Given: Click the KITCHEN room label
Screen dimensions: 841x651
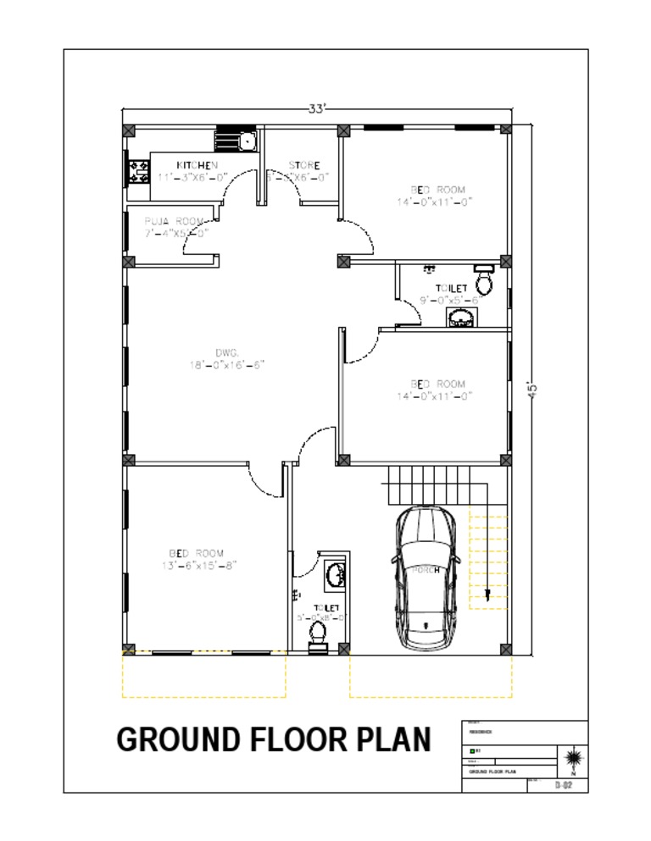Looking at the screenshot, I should click(197, 164).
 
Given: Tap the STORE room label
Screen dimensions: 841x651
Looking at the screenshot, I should click(303, 165).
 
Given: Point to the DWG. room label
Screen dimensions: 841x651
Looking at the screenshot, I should click(226, 351).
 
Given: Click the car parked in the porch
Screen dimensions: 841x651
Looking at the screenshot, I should click(426, 577).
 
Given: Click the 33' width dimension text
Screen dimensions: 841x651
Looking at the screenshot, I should click(317, 108).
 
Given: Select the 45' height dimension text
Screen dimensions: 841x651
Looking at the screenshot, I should click(532, 390).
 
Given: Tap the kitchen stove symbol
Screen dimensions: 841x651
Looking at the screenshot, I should click(136, 173).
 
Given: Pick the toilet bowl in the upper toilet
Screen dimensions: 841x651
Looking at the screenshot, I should click(484, 279).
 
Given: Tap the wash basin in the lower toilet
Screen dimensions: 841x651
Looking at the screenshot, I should click(335, 574).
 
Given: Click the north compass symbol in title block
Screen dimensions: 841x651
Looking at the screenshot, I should click(572, 756).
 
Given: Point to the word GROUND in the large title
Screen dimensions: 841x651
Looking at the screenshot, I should click(178, 739).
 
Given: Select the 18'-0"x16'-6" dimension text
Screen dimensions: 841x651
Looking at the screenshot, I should click(227, 365).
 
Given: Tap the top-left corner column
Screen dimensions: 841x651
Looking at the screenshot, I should click(128, 130).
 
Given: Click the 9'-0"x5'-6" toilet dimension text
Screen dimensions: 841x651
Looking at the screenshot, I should click(450, 300).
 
